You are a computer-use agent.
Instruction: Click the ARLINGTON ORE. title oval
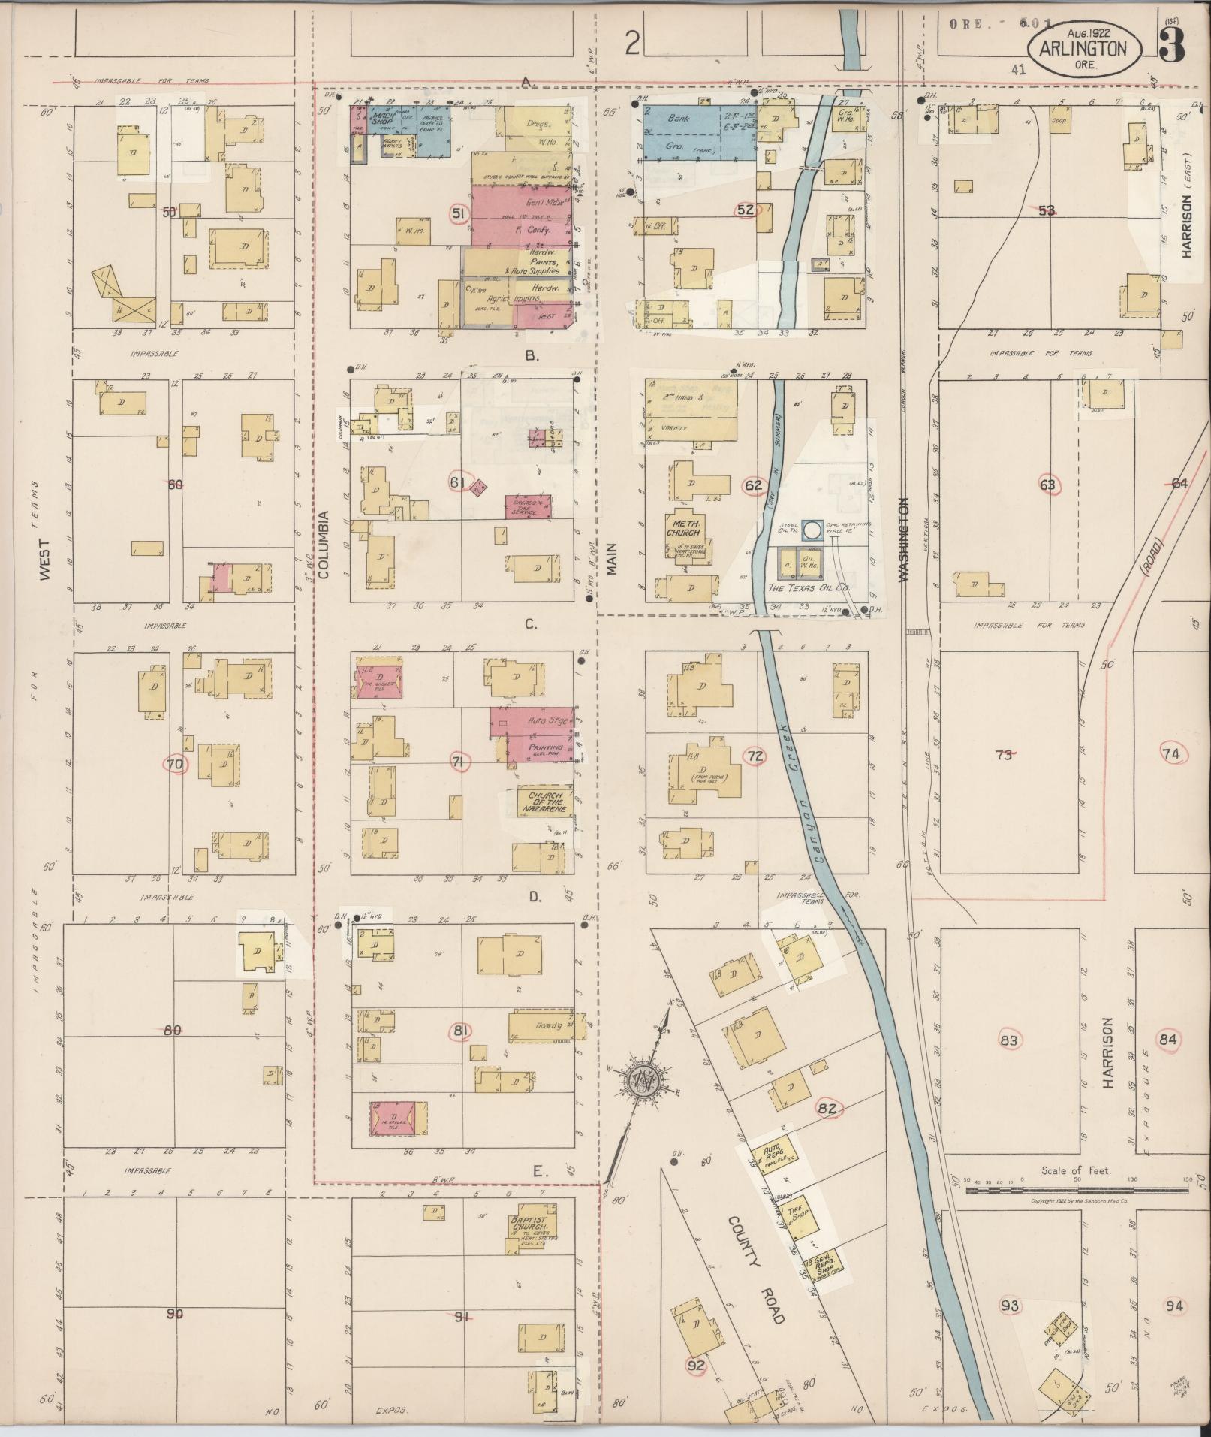[x=1090, y=54]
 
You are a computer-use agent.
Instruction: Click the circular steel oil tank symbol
[x=812, y=530]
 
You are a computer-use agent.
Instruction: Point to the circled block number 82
[x=827, y=1108]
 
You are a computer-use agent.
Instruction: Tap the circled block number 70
[x=176, y=765]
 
